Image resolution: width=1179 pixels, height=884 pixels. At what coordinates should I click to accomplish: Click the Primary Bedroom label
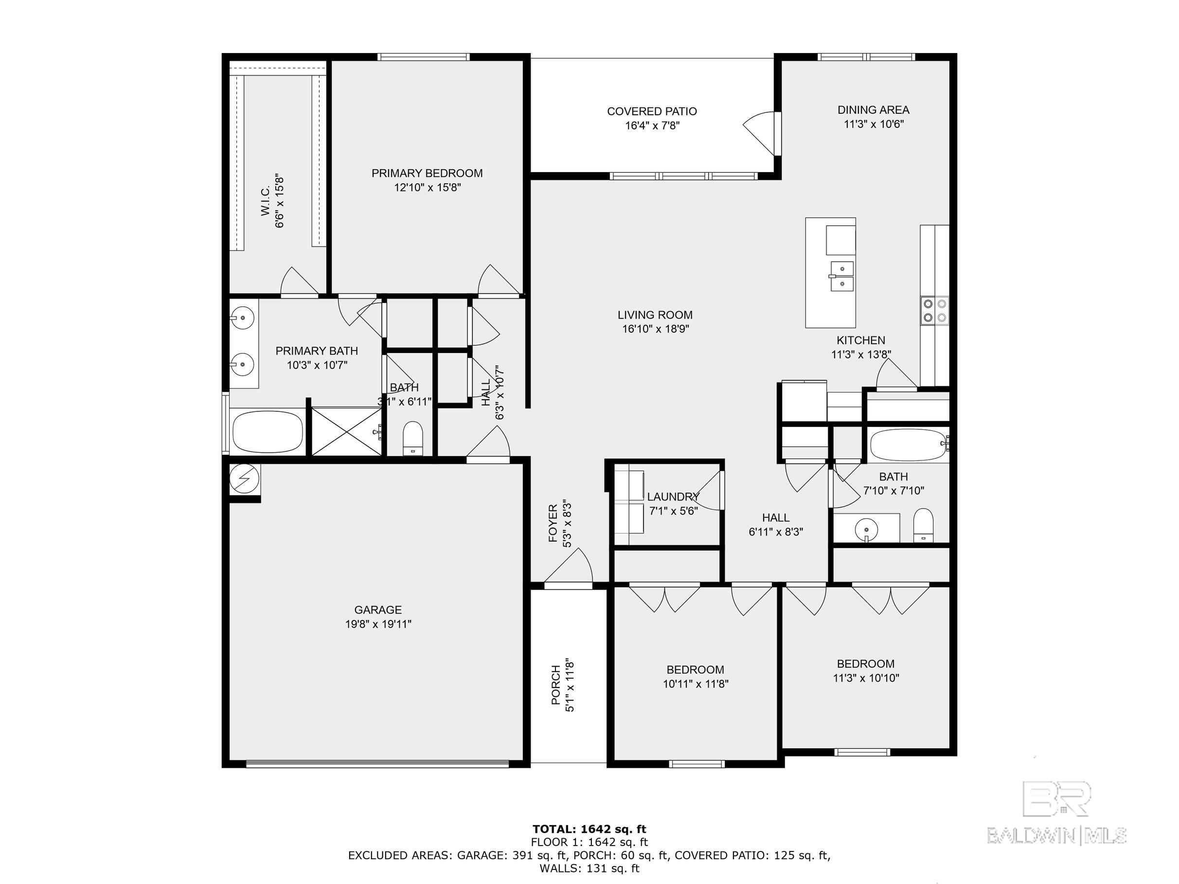(x=427, y=173)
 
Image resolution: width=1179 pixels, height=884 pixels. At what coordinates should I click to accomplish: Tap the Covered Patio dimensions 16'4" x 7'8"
(x=652, y=126)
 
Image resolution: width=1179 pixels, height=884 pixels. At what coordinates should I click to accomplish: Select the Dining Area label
(x=873, y=110)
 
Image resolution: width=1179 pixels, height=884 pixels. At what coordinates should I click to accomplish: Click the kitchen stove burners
(x=935, y=311)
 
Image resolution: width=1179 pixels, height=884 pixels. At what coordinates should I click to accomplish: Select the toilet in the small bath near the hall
(x=412, y=438)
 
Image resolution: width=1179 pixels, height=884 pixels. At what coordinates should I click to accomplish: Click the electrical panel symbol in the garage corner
(x=245, y=479)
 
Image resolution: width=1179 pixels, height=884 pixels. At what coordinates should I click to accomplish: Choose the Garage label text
(x=378, y=610)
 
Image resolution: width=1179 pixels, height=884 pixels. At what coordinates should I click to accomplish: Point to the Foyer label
(x=553, y=523)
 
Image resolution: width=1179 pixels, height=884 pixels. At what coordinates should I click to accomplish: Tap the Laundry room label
(x=673, y=496)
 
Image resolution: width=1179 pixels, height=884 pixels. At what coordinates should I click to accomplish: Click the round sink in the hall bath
(x=867, y=530)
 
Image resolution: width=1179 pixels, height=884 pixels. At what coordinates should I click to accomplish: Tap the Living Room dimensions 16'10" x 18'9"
(x=656, y=329)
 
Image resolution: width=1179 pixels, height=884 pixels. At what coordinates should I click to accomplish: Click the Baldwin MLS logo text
(x=1057, y=835)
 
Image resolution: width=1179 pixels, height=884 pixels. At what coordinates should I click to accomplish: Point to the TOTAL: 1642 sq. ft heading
(x=589, y=829)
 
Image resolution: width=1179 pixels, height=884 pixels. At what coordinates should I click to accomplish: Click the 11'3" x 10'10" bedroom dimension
(x=866, y=678)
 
